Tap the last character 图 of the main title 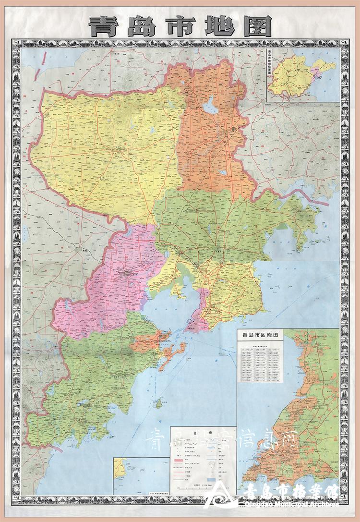click(257, 26)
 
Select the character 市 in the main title click(180, 26)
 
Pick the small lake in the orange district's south click(222, 172)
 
